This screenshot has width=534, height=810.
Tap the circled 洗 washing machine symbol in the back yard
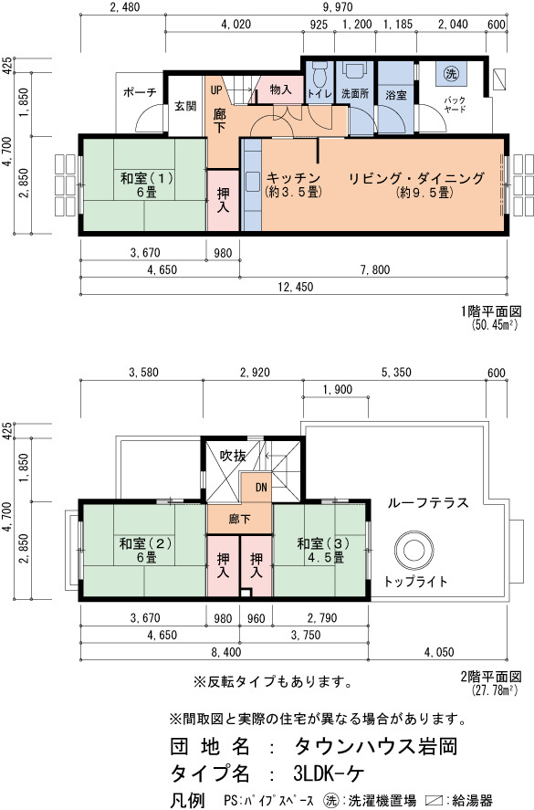point(451,73)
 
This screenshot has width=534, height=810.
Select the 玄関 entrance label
point(185,106)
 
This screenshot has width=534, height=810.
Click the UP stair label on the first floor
point(215,89)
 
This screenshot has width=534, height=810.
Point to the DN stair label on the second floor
point(261,487)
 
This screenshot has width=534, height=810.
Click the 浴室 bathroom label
point(395,95)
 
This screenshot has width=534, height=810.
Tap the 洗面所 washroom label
point(355,94)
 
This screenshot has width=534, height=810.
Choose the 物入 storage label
point(280,89)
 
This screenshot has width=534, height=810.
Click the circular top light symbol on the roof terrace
point(414,550)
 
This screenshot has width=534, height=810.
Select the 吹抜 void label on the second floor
point(233,455)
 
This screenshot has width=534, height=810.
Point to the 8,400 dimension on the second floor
point(225,652)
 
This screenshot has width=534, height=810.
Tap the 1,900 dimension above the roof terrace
point(337,390)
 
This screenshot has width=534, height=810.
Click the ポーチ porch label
point(140,92)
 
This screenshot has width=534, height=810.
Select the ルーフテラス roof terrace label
point(427,502)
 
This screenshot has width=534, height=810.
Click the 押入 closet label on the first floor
point(223,200)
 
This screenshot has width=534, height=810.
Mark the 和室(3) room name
point(323,543)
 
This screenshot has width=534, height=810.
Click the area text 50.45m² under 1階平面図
point(494,324)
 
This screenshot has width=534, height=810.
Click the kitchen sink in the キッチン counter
point(252,183)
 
